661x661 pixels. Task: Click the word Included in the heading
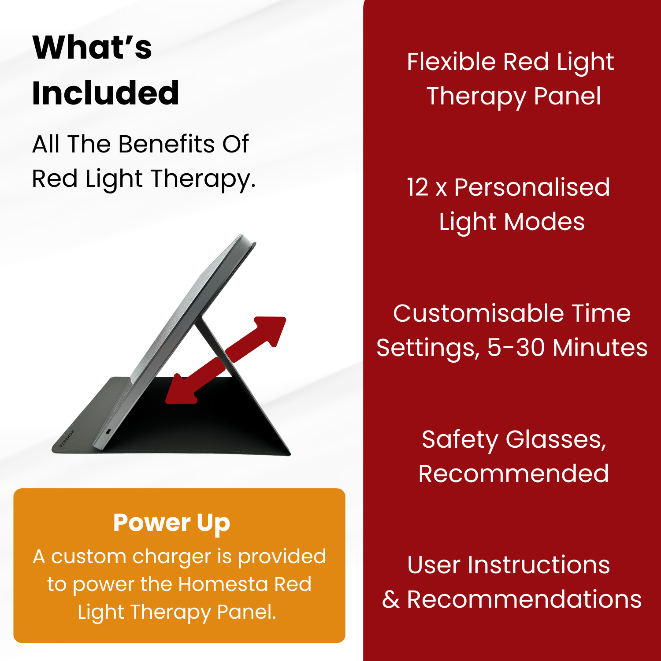(106, 93)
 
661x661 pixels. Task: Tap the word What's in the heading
(92, 47)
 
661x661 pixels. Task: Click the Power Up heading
(171, 524)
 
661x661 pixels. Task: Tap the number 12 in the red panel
(417, 187)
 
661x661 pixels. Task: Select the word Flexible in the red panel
(451, 62)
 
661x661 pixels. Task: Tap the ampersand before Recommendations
(391, 600)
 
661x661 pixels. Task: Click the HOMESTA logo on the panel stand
(67, 438)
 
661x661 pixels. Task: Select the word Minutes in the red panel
(600, 348)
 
